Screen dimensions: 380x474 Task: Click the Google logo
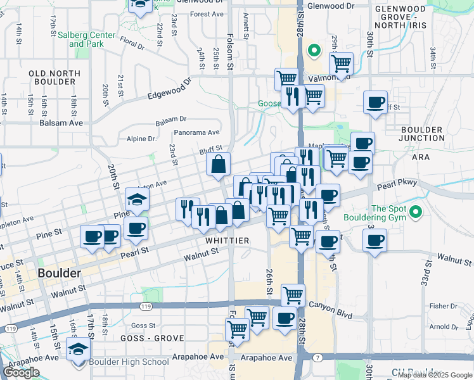point(21,372)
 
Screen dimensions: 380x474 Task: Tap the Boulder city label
point(59,274)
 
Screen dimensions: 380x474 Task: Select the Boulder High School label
point(129,362)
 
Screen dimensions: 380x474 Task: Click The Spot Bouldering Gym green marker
point(416,212)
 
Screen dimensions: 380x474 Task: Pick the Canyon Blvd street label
point(330,305)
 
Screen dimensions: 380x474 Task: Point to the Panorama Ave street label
point(198,132)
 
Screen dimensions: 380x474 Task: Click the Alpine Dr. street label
point(141,139)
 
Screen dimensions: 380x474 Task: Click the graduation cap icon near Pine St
point(137,199)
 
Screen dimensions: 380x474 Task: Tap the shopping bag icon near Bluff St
point(218,165)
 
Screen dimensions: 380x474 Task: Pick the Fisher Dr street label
point(439,306)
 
